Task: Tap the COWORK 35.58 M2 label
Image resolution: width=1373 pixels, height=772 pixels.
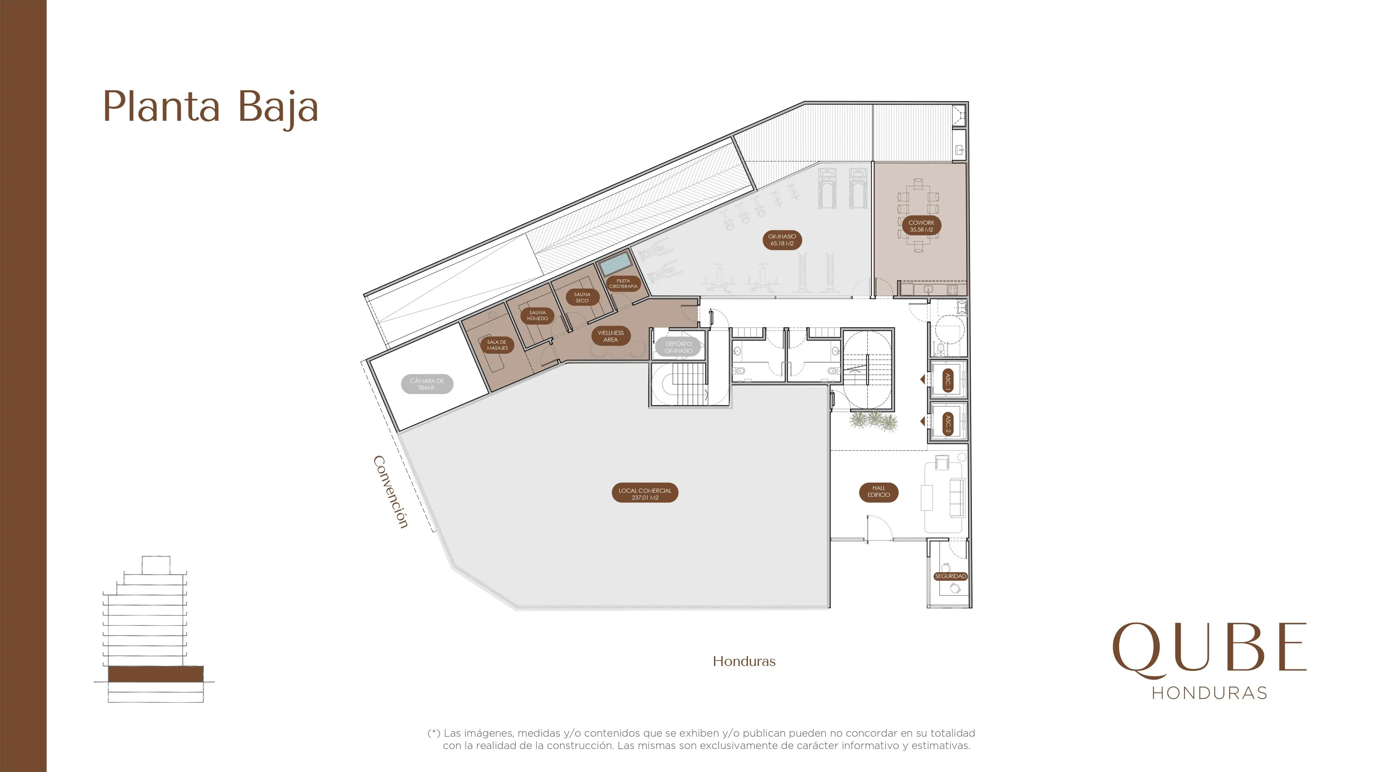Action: pos(922,226)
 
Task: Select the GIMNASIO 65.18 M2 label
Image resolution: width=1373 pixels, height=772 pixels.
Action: pos(782,240)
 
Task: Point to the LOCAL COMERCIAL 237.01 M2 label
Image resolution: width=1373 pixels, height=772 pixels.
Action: pos(645,493)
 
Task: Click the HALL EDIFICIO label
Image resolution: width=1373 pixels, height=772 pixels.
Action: pos(879,492)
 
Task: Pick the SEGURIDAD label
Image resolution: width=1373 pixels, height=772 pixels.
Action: pos(950,576)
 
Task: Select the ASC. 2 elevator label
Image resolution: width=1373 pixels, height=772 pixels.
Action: pos(948,424)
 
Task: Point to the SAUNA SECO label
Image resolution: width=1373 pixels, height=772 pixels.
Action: pos(582,297)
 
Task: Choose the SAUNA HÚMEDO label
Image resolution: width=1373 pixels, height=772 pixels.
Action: pos(537,315)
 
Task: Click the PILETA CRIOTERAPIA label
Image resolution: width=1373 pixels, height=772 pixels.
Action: pos(623,283)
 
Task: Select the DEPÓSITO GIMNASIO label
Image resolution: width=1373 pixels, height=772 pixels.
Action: pos(679,347)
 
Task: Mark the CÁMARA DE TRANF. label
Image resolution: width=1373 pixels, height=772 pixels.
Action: pos(427,384)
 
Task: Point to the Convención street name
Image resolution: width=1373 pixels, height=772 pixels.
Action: pos(391,492)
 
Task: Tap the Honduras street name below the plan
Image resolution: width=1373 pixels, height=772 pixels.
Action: pos(744,661)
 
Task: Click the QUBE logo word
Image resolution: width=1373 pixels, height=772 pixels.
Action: pos(1209,650)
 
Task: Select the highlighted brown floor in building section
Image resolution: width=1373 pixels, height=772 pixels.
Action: pos(155,674)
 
